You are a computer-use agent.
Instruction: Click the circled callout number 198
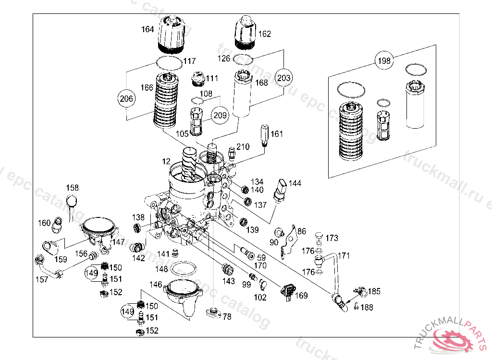tap(384, 60)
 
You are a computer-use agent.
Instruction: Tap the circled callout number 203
tap(283, 77)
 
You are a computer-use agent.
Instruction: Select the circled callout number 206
tap(126, 99)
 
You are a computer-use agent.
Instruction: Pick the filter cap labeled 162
tap(246, 33)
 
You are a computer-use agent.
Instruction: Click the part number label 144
tap(295, 184)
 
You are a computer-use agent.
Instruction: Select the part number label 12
tap(166, 161)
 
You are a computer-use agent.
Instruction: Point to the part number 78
tap(227, 316)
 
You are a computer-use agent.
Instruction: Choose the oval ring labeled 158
tap(72, 201)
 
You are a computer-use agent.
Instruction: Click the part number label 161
tap(277, 134)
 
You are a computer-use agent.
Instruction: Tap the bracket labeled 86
tap(289, 239)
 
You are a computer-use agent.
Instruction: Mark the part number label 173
tap(332, 238)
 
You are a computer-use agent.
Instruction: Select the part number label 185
tap(374, 291)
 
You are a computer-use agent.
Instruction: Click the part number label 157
tap(42, 279)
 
